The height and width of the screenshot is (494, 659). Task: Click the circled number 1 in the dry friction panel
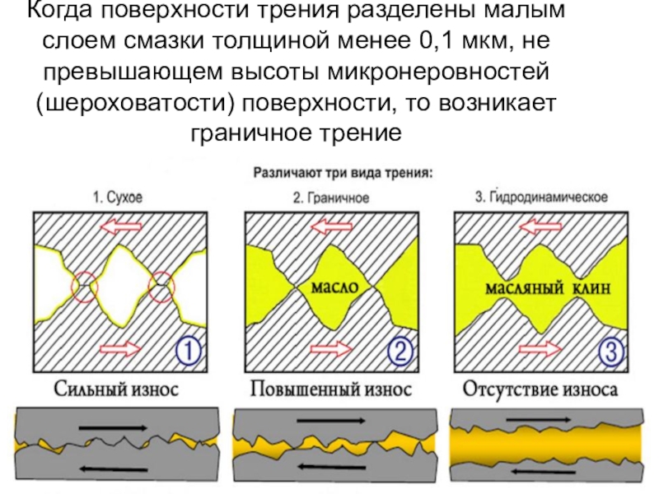coord(189,352)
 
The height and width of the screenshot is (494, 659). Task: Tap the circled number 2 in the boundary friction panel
coord(400,352)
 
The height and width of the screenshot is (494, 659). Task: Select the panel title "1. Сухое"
coord(117,198)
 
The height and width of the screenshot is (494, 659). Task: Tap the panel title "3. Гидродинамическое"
coord(541,198)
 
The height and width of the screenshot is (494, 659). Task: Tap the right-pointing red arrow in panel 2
coord(329,351)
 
